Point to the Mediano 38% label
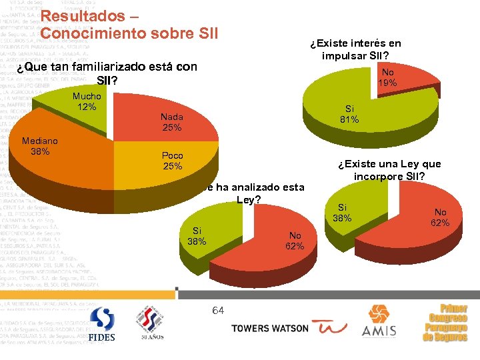(40, 146)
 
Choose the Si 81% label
(349, 114)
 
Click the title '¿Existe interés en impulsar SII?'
(355, 49)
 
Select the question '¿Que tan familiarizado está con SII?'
(107, 73)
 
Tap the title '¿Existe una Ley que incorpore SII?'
(389, 171)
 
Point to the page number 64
(218, 310)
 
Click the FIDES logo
(101, 325)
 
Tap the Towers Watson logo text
(269, 328)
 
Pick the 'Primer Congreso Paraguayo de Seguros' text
(445, 323)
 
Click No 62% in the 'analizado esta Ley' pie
(295, 241)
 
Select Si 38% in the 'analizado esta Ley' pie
(197, 236)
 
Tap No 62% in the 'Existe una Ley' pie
(439, 217)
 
